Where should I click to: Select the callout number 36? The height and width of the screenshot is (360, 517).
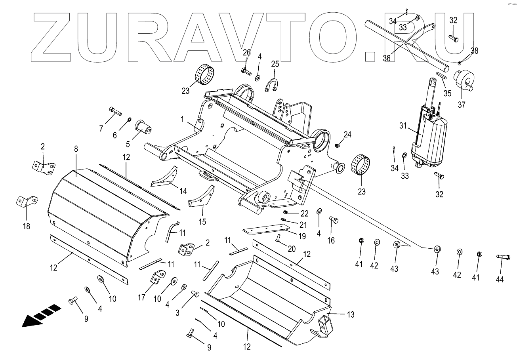point(386,58)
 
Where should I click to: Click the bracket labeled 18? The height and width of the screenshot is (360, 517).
point(27,201)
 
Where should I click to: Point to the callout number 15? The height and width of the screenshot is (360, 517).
point(202,222)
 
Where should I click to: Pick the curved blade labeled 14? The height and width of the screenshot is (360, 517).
point(165,178)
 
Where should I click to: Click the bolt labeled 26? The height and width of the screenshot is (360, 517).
point(246,72)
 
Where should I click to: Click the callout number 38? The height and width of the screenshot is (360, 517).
point(474,51)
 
